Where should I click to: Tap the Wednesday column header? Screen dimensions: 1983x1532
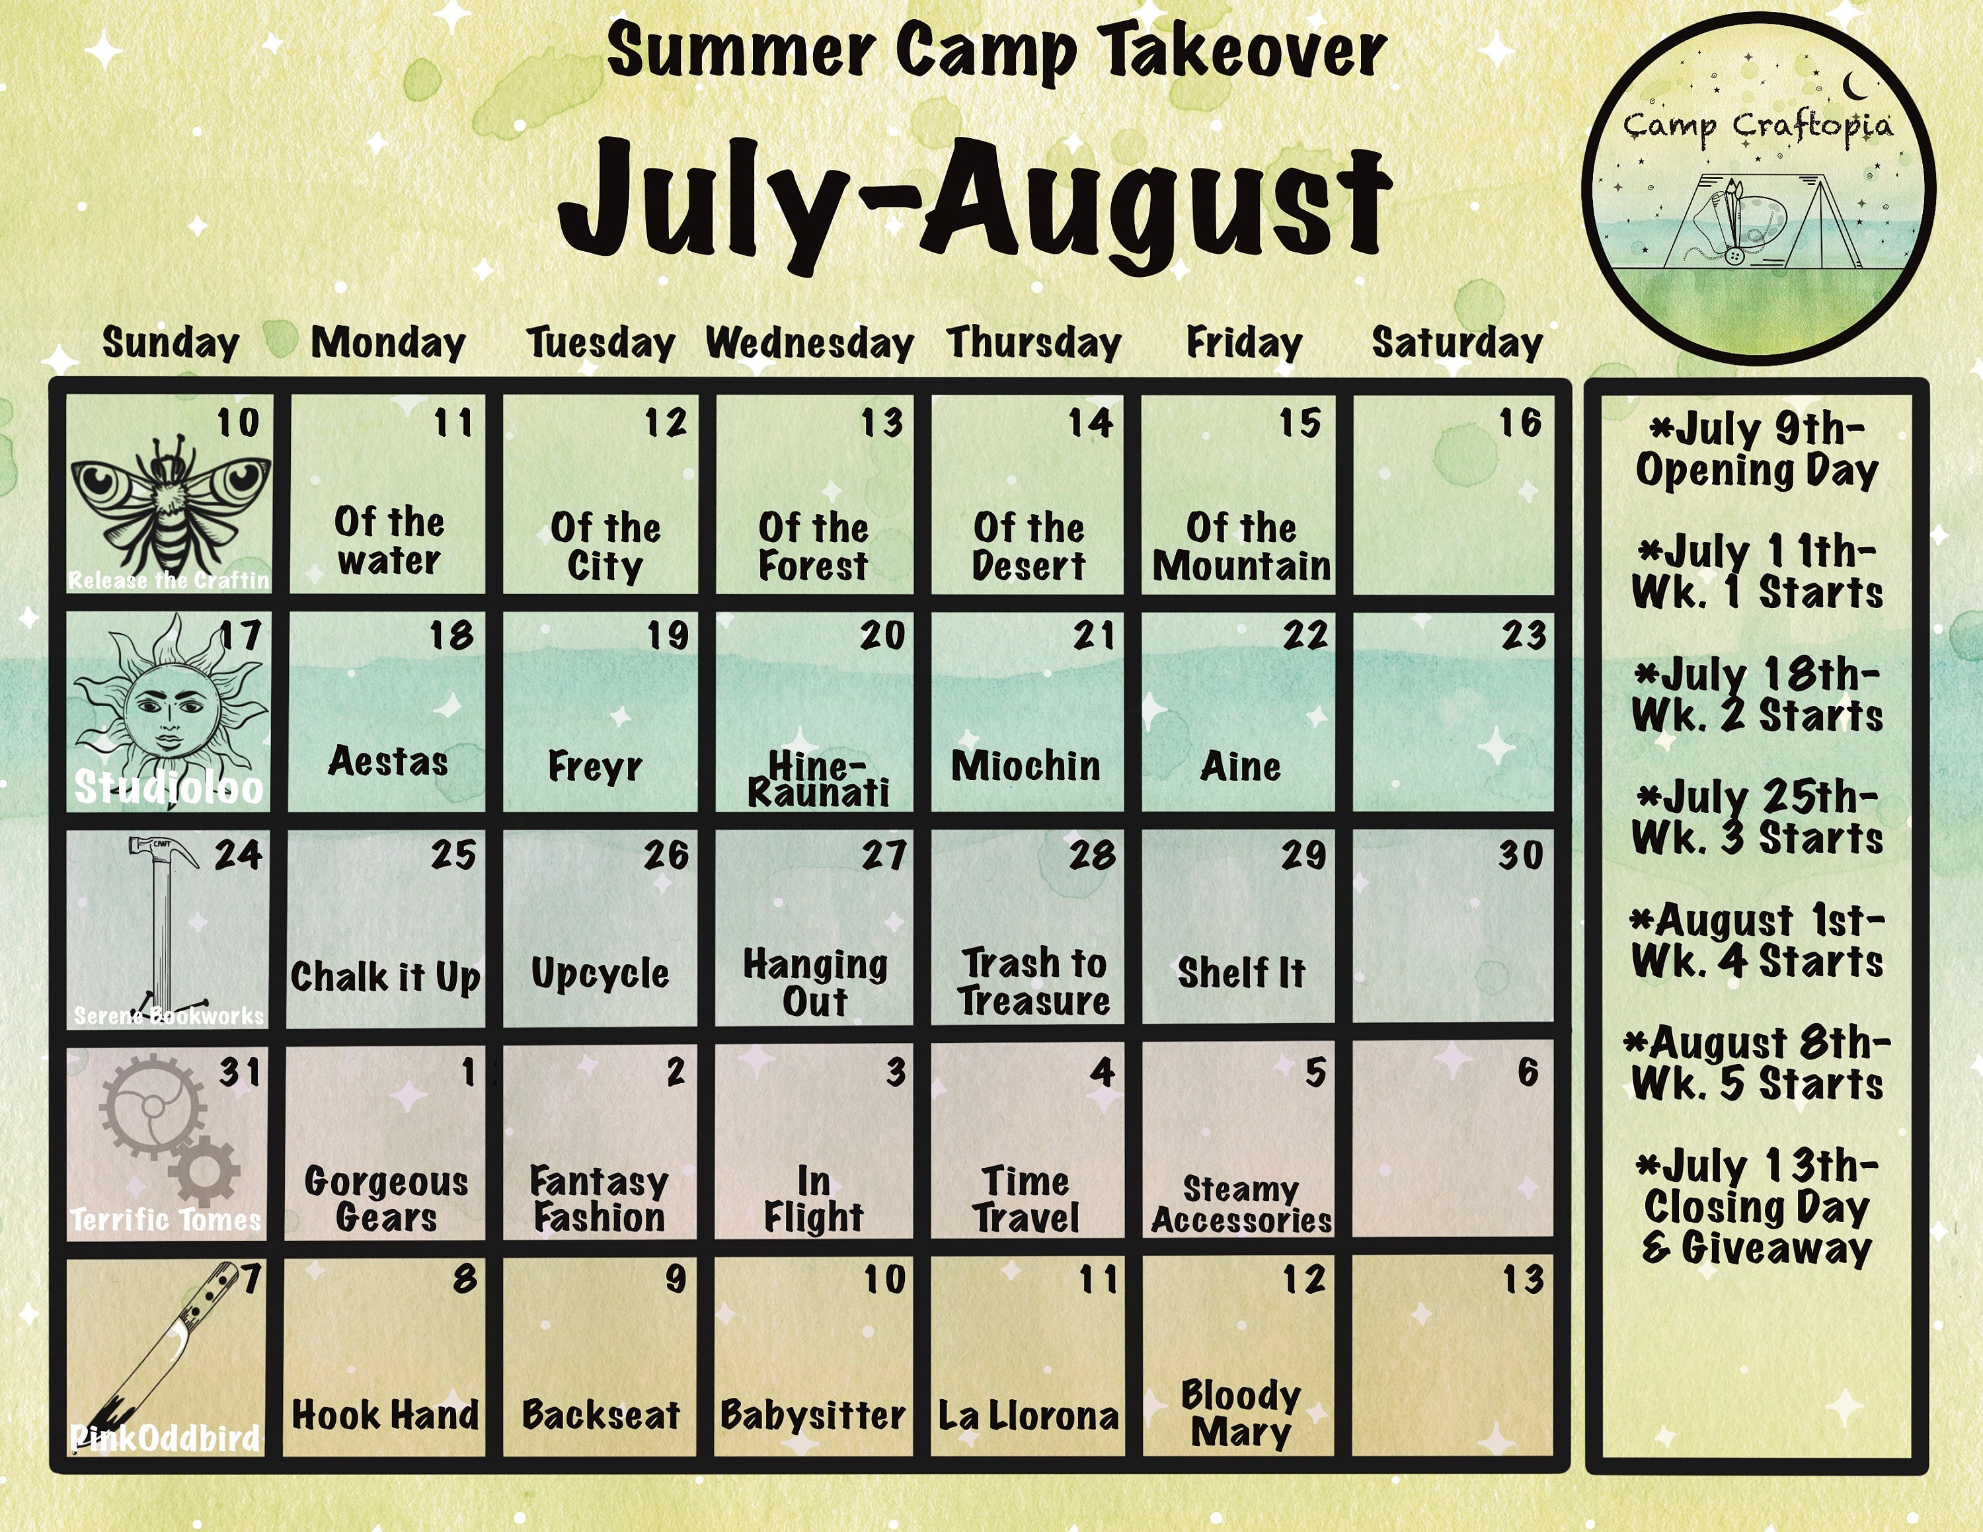tap(810, 344)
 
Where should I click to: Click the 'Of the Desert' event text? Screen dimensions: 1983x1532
tap(1029, 547)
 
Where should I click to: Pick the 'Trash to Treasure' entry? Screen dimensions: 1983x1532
tap(1034, 982)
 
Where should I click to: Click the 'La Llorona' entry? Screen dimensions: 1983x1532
tap(1029, 1416)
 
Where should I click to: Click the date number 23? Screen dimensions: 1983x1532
tap(1523, 635)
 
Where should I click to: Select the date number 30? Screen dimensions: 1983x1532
tap(1521, 855)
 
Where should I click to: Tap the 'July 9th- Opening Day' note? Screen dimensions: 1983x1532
tap(1758, 450)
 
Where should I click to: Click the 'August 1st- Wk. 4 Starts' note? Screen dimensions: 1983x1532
tap(1757, 941)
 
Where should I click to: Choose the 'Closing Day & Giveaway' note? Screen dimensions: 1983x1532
tap(1757, 1227)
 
